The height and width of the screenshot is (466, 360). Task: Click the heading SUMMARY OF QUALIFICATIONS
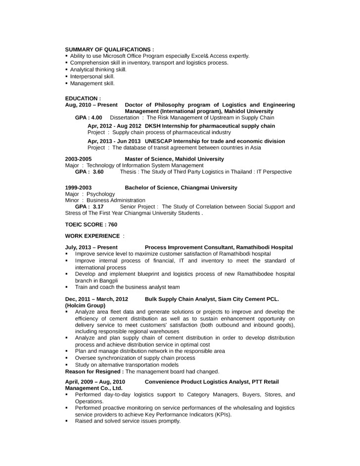tap(109, 49)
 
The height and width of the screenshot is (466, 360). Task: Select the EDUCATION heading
tap(83, 98)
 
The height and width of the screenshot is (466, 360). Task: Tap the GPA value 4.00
tap(96, 118)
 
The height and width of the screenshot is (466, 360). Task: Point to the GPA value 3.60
tap(98, 171)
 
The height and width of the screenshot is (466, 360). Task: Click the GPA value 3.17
tap(98, 207)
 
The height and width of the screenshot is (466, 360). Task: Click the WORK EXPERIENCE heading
tap(92, 236)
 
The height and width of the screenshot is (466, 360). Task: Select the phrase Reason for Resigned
tap(94, 371)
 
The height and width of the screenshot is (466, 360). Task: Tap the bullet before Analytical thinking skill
tap(66, 70)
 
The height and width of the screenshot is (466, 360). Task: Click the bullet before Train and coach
tap(67, 287)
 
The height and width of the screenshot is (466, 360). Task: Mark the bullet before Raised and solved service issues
tap(67, 421)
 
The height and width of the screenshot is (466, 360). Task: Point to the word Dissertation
tap(124, 118)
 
